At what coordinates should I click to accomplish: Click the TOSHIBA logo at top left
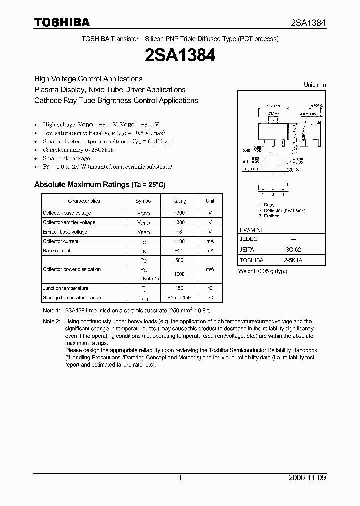coord(62,22)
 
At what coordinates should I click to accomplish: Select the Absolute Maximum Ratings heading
coord(100,185)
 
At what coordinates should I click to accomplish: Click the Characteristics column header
coord(84,201)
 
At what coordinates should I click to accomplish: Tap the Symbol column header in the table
coord(143,201)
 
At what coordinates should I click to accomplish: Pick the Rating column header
coord(179,201)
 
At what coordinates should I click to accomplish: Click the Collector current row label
coord(61,241)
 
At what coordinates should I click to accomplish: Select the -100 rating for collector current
coord(179,241)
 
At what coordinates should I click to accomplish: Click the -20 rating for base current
coord(179,251)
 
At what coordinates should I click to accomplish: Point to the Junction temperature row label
coord(65,288)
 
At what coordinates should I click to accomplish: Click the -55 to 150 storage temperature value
coord(179,298)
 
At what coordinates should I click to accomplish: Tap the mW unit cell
coord(210,269)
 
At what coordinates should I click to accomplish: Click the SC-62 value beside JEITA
coord(293,250)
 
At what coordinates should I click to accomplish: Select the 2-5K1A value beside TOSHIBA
coord(293,260)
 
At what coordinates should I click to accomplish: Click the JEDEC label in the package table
coord(248,239)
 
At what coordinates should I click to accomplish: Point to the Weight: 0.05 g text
coord(263,271)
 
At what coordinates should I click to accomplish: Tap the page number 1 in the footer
coord(180,478)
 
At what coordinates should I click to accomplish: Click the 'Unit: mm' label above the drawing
coord(315,85)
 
